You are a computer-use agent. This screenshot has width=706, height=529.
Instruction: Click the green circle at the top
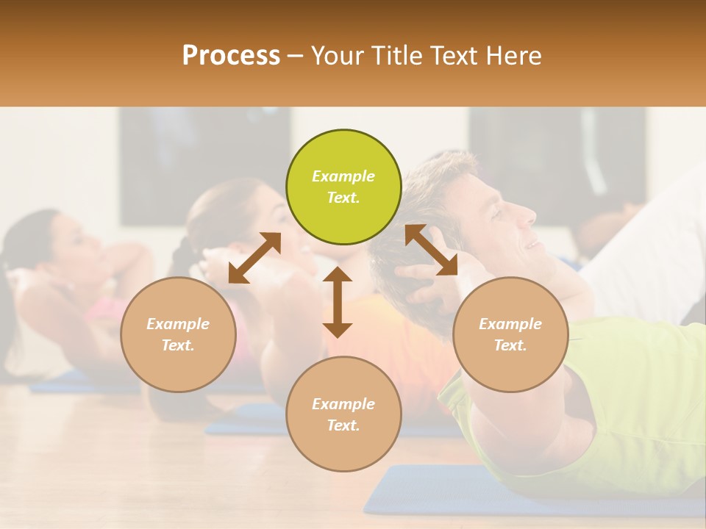point(343,187)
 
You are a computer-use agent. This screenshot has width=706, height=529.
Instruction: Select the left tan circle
point(178,334)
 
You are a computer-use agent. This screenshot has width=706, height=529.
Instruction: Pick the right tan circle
point(510,334)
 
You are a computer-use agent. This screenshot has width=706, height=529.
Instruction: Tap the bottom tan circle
point(343,414)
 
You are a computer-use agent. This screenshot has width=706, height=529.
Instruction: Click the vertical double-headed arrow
point(338,302)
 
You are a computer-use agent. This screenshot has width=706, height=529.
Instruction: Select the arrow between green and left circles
point(254,258)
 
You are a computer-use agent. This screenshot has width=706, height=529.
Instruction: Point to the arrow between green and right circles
point(431,250)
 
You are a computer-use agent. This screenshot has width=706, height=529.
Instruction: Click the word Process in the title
point(231,55)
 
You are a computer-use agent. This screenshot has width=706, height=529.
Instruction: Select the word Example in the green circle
point(343,176)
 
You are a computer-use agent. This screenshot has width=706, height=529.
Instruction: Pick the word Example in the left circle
point(178,324)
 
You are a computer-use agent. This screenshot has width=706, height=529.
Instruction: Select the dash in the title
point(296,55)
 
